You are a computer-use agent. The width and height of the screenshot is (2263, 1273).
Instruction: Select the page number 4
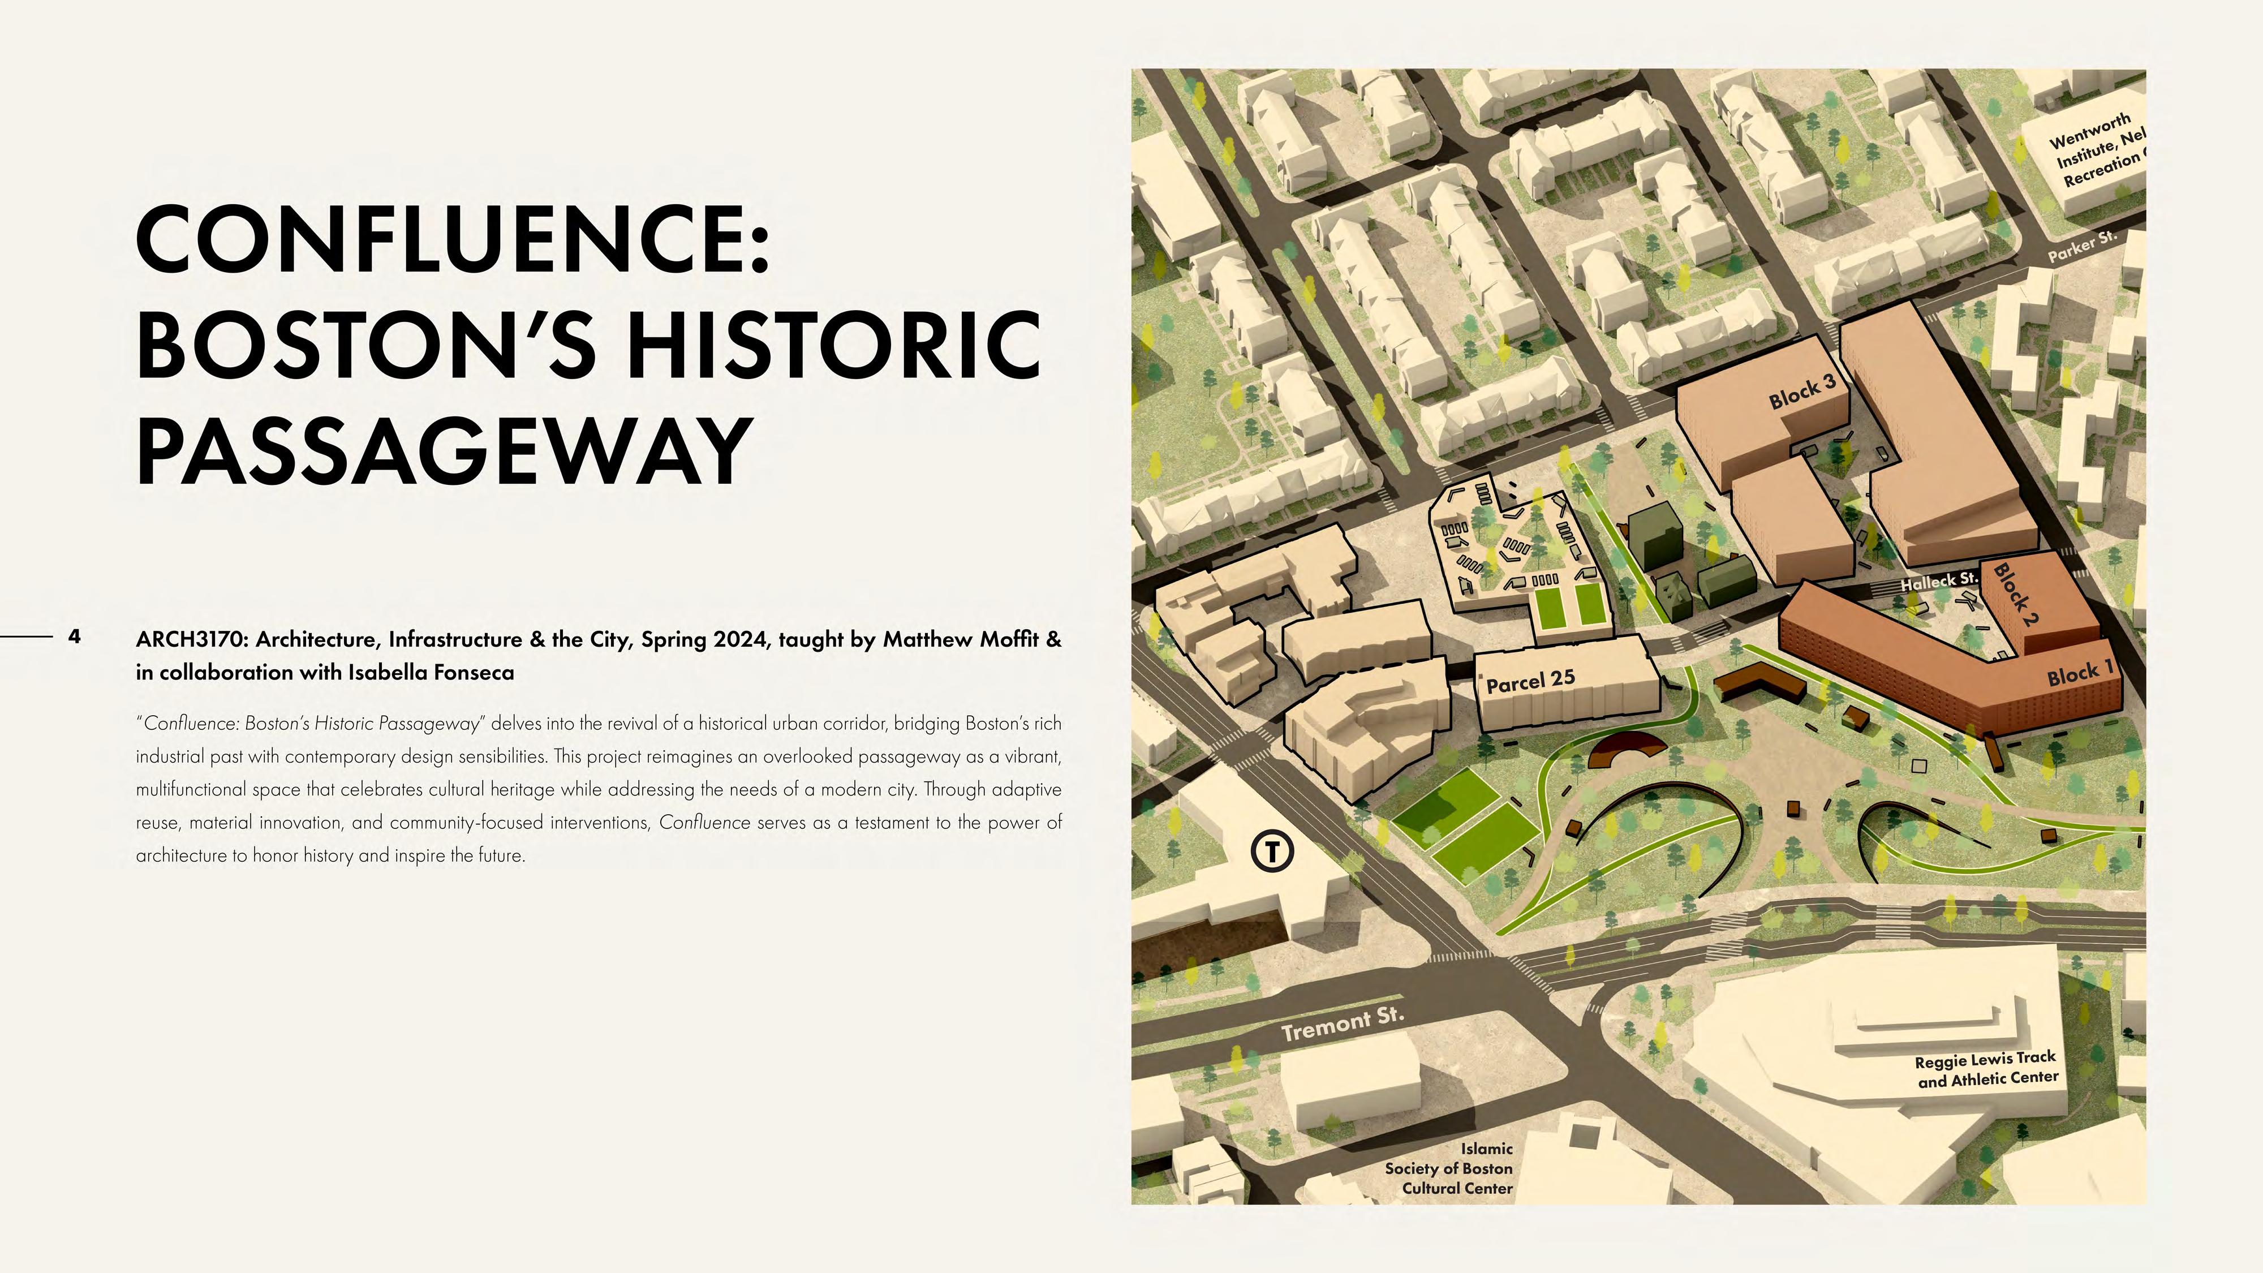[x=75, y=636]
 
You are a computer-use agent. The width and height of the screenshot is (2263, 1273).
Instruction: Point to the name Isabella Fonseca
[x=431, y=673]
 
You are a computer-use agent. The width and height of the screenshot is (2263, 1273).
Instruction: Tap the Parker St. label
[x=2081, y=247]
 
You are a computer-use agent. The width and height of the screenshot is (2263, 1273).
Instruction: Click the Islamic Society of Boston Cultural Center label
[x=1449, y=1168]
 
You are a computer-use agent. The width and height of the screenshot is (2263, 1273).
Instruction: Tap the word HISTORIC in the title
[x=833, y=345]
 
